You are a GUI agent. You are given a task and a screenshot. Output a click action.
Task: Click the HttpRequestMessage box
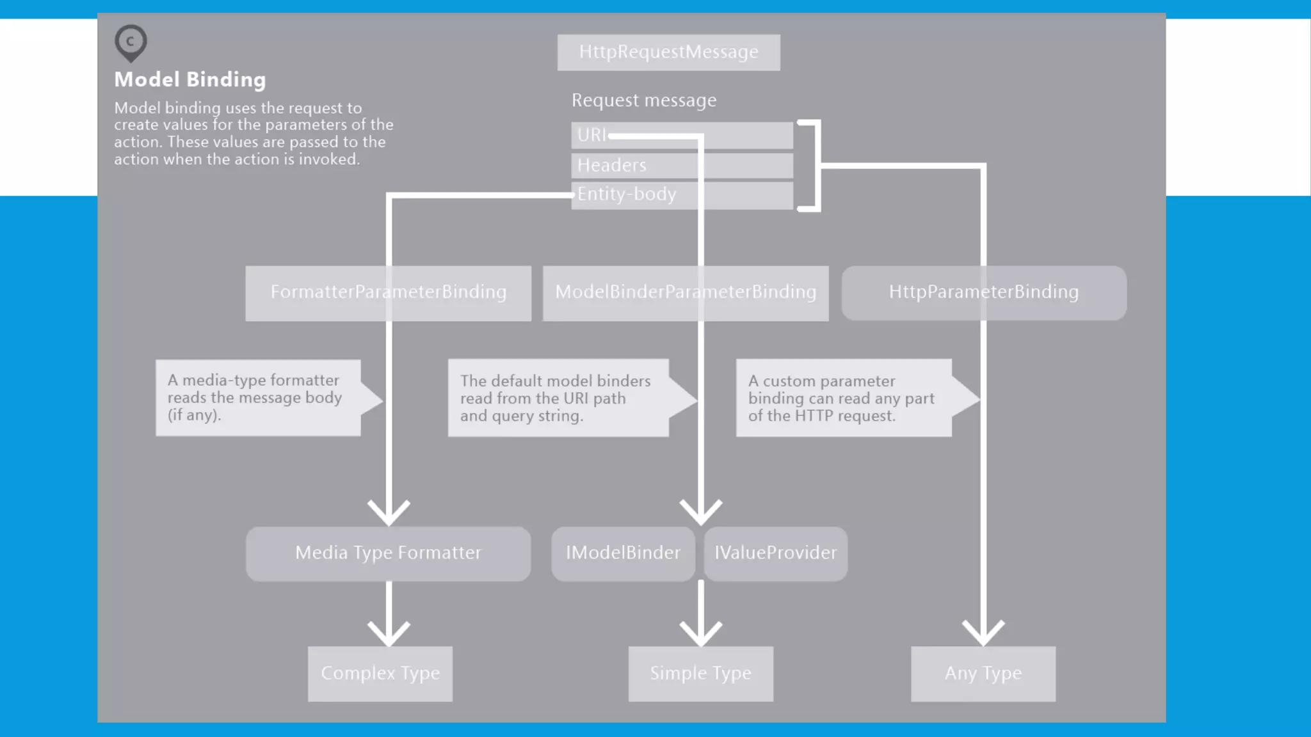point(668,52)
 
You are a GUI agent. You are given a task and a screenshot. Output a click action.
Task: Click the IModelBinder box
point(623,553)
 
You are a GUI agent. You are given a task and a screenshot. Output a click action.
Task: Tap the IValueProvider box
point(775,553)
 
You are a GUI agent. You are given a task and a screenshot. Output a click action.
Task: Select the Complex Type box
point(380,674)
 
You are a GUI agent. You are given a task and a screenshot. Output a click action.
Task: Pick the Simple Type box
point(700,674)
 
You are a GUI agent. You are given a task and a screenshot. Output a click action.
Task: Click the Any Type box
point(983,674)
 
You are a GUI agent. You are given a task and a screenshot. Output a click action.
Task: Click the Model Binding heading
point(190,79)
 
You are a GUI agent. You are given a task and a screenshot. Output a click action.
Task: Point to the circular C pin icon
point(131,42)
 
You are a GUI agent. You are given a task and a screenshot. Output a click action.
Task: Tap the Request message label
point(644,100)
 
